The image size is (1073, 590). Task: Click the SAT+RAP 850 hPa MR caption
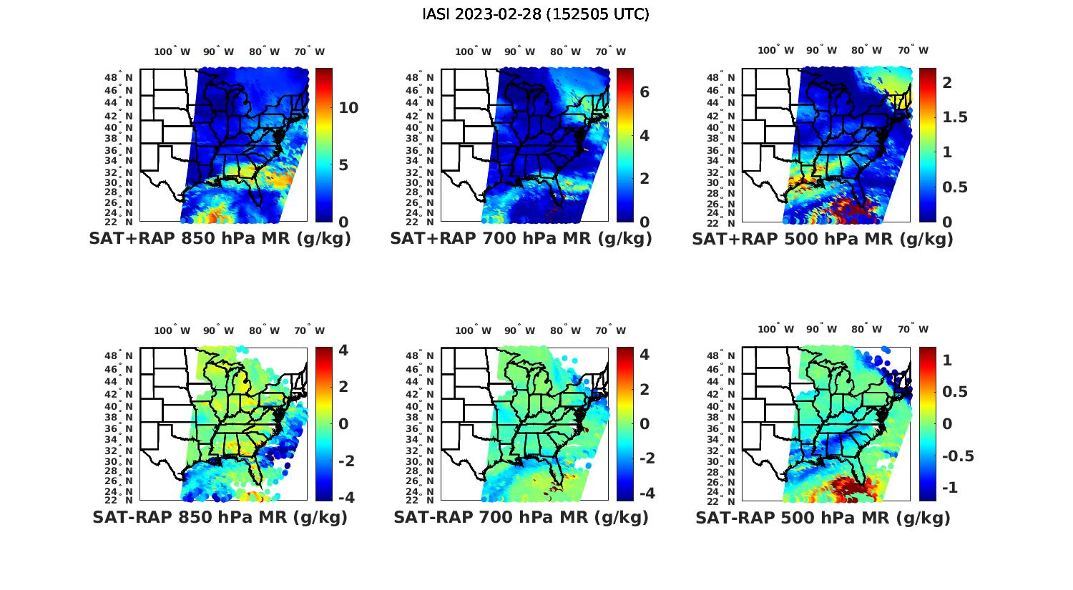point(220,239)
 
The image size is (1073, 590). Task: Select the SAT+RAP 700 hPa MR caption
point(521,239)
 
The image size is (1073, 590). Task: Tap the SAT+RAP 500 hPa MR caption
point(823,239)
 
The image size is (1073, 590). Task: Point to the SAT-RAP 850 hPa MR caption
point(220,517)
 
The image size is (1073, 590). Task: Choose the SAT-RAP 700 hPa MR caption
point(521,517)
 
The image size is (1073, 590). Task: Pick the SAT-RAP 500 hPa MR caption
point(823,517)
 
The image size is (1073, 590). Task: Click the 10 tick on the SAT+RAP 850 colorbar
point(348,108)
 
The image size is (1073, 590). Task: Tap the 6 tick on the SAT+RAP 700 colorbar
point(644,92)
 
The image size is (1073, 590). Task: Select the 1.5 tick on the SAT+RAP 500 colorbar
point(955,117)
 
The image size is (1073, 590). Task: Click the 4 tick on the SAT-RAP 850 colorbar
point(343,350)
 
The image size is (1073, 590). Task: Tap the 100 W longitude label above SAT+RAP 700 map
point(473,51)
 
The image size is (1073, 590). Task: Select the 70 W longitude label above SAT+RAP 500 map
point(913,50)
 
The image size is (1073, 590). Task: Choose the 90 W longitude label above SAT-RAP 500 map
point(820,329)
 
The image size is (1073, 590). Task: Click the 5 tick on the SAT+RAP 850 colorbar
point(343,165)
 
